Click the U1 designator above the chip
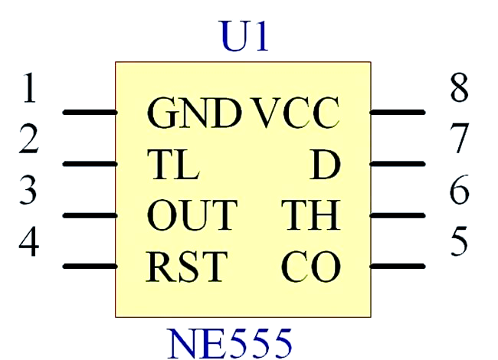(x=245, y=37)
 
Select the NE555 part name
(x=230, y=342)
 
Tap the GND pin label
(x=194, y=113)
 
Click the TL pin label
(x=172, y=165)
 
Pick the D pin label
(x=325, y=165)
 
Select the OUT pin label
(x=192, y=215)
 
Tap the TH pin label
(x=310, y=215)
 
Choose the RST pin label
(x=187, y=267)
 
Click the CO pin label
(x=310, y=267)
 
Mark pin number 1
(x=28, y=89)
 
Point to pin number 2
(x=28, y=140)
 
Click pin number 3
(x=28, y=191)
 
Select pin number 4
(x=28, y=242)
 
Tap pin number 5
(x=459, y=242)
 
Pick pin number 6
(x=459, y=191)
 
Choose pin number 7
(x=459, y=140)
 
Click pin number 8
(x=459, y=89)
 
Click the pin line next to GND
(x=89, y=112)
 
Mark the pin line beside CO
(x=397, y=266)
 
